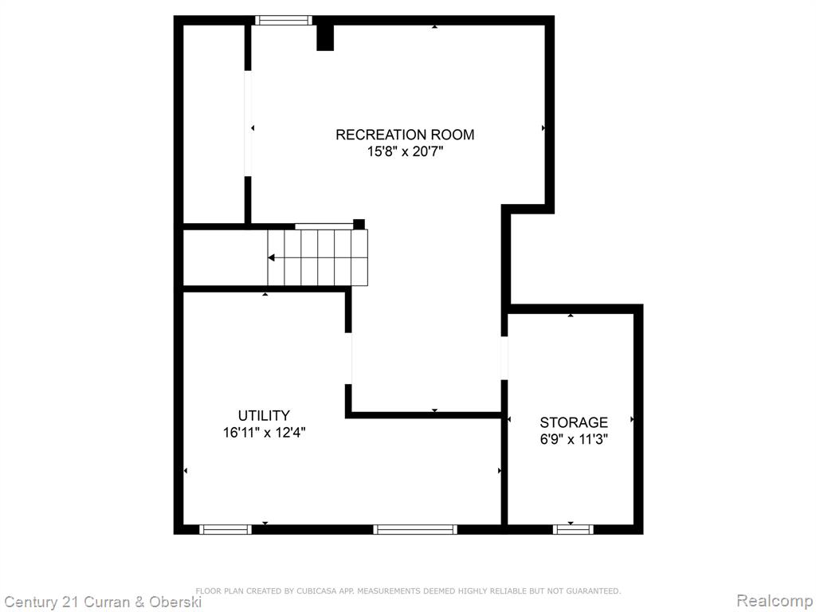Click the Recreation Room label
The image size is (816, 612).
tap(405, 135)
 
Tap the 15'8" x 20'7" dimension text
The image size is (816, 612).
tap(405, 152)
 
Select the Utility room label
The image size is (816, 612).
tap(264, 416)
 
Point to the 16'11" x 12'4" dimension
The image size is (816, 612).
tap(264, 433)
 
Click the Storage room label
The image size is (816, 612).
tap(574, 422)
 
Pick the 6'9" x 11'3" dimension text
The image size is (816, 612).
tap(574, 440)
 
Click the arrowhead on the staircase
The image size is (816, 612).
tap(272, 257)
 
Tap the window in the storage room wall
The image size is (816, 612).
tap(573, 529)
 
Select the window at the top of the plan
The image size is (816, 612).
tap(284, 20)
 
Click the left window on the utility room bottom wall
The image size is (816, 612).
tap(226, 529)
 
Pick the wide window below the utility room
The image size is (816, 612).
tap(415, 529)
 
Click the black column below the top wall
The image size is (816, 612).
tap(325, 37)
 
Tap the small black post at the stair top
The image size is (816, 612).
tap(359, 224)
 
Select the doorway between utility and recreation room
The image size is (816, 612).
tap(348, 359)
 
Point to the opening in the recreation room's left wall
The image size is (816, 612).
tap(248, 124)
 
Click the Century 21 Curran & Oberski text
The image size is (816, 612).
tap(103, 602)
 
